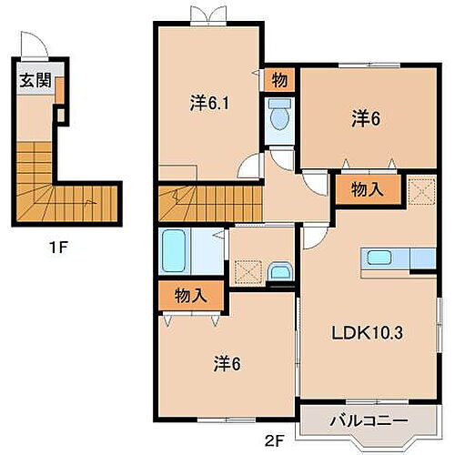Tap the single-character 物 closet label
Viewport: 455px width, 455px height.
pyautogui.click(x=279, y=80)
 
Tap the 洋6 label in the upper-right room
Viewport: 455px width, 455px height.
pyautogui.click(x=365, y=118)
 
